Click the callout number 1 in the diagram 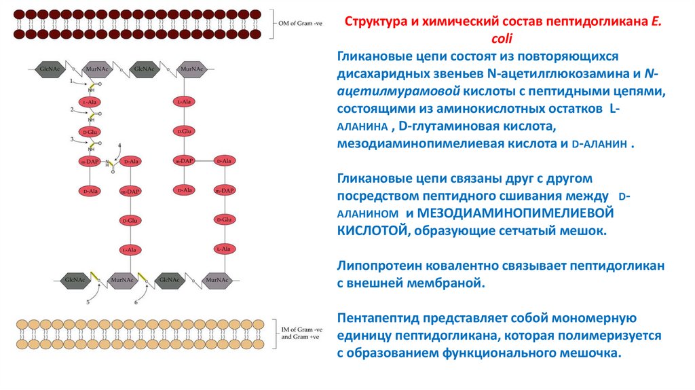coord(71,81)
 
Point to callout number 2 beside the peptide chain coord(71,109)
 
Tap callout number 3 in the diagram coord(71,139)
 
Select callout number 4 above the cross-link coord(119,145)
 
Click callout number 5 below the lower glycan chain coord(88,301)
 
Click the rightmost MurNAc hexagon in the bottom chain coord(216,279)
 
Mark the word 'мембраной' coord(451,281)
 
